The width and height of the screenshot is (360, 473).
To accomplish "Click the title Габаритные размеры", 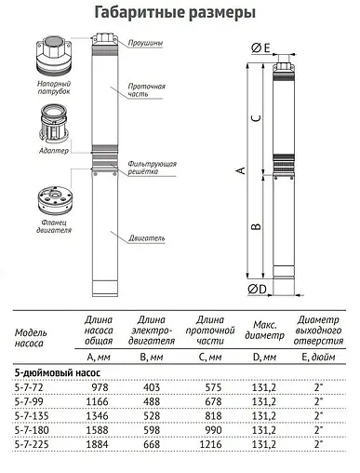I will [180, 12].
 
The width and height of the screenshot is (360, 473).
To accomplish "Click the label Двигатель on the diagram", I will [148, 238].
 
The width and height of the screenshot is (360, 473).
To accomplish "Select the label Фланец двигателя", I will [43, 225].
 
